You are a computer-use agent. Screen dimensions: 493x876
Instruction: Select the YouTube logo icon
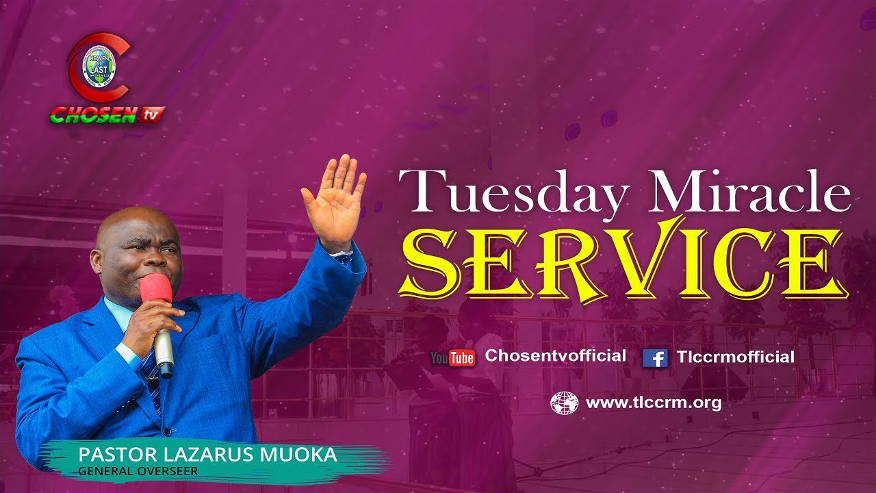click(452, 357)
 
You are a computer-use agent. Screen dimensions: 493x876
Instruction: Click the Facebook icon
click(655, 357)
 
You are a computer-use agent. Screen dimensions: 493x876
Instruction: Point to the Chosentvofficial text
click(555, 356)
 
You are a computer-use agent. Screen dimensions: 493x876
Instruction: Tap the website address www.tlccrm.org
click(653, 403)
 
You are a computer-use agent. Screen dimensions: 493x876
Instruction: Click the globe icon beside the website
click(564, 403)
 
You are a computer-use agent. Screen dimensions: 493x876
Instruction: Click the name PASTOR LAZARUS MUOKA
click(207, 455)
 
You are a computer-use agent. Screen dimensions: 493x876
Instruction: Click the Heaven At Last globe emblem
click(99, 66)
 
